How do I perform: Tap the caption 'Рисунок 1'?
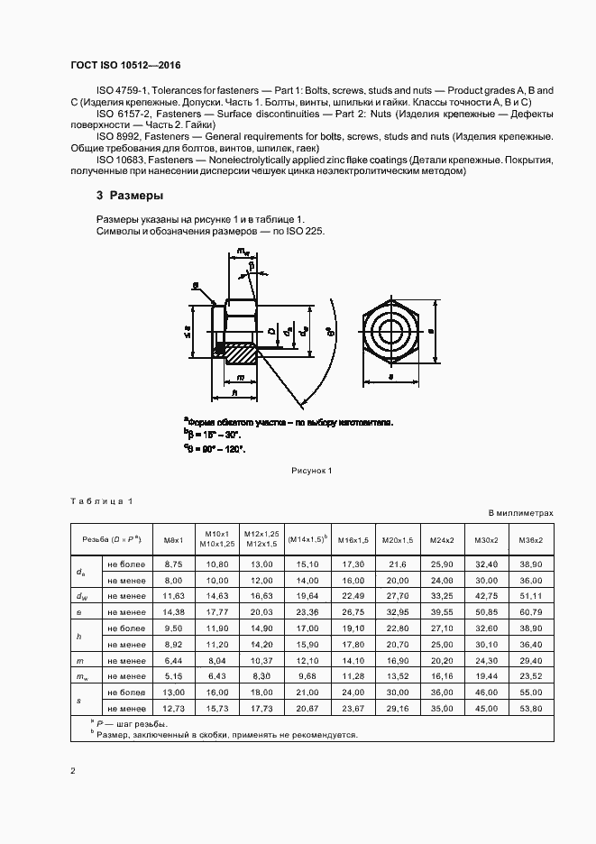[x=312, y=470]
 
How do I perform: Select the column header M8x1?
[x=173, y=540]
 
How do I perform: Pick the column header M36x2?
[x=531, y=540]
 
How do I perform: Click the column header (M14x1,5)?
[x=307, y=539]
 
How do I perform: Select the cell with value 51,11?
[x=531, y=595]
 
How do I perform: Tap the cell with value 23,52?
[x=531, y=676]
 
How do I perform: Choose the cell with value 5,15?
[x=173, y=676]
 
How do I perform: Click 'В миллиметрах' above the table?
[x=520, y=513]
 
